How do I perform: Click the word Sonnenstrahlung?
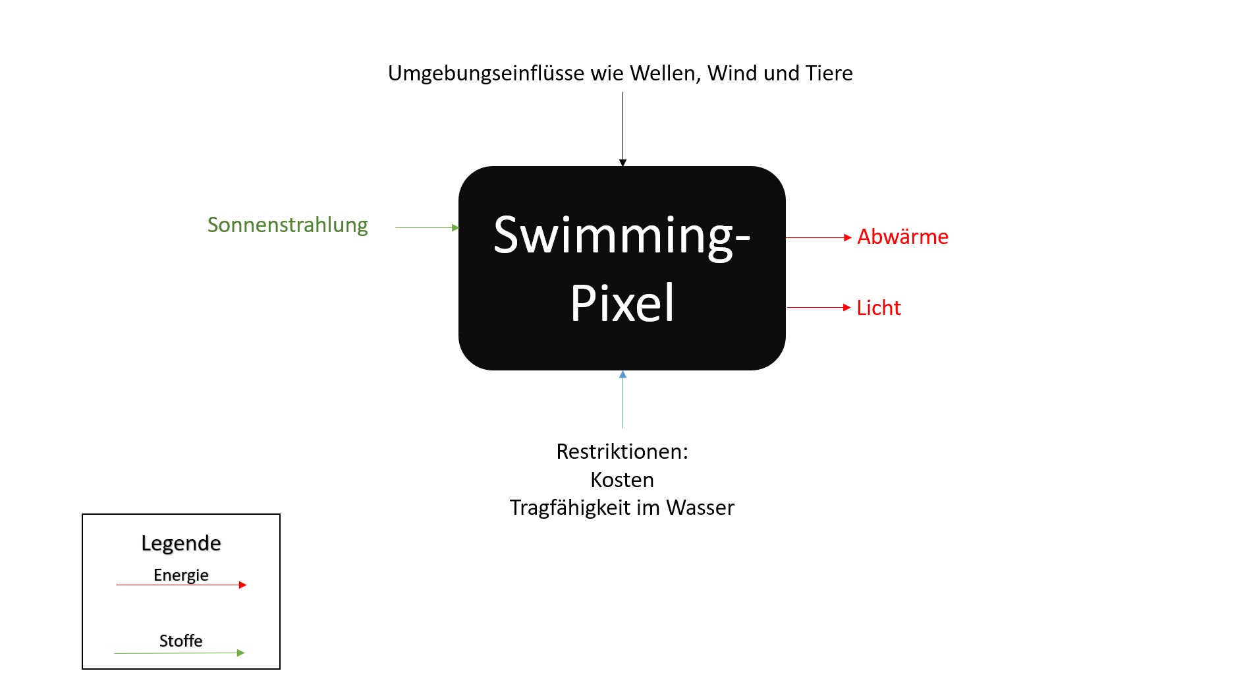click(x=287, y=225)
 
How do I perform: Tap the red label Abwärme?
click(x=902, y=237)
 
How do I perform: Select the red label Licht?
click(x=878, y=308)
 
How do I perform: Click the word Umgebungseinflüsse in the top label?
click(x=486, y=73)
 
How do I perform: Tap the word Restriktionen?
click(x=622, y=452)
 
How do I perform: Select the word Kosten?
click(x=622, y=480)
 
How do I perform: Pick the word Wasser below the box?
click(x=700, y=508)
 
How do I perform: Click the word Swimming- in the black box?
click(x=621, y=235)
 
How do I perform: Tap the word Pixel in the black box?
click(x=622, y=303)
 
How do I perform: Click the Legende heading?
click(x=181, y=543)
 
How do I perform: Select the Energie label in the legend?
click(x=181, y=575)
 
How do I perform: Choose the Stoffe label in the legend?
click(x=181, y=641)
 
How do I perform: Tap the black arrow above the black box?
click(x=622, y=129)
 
